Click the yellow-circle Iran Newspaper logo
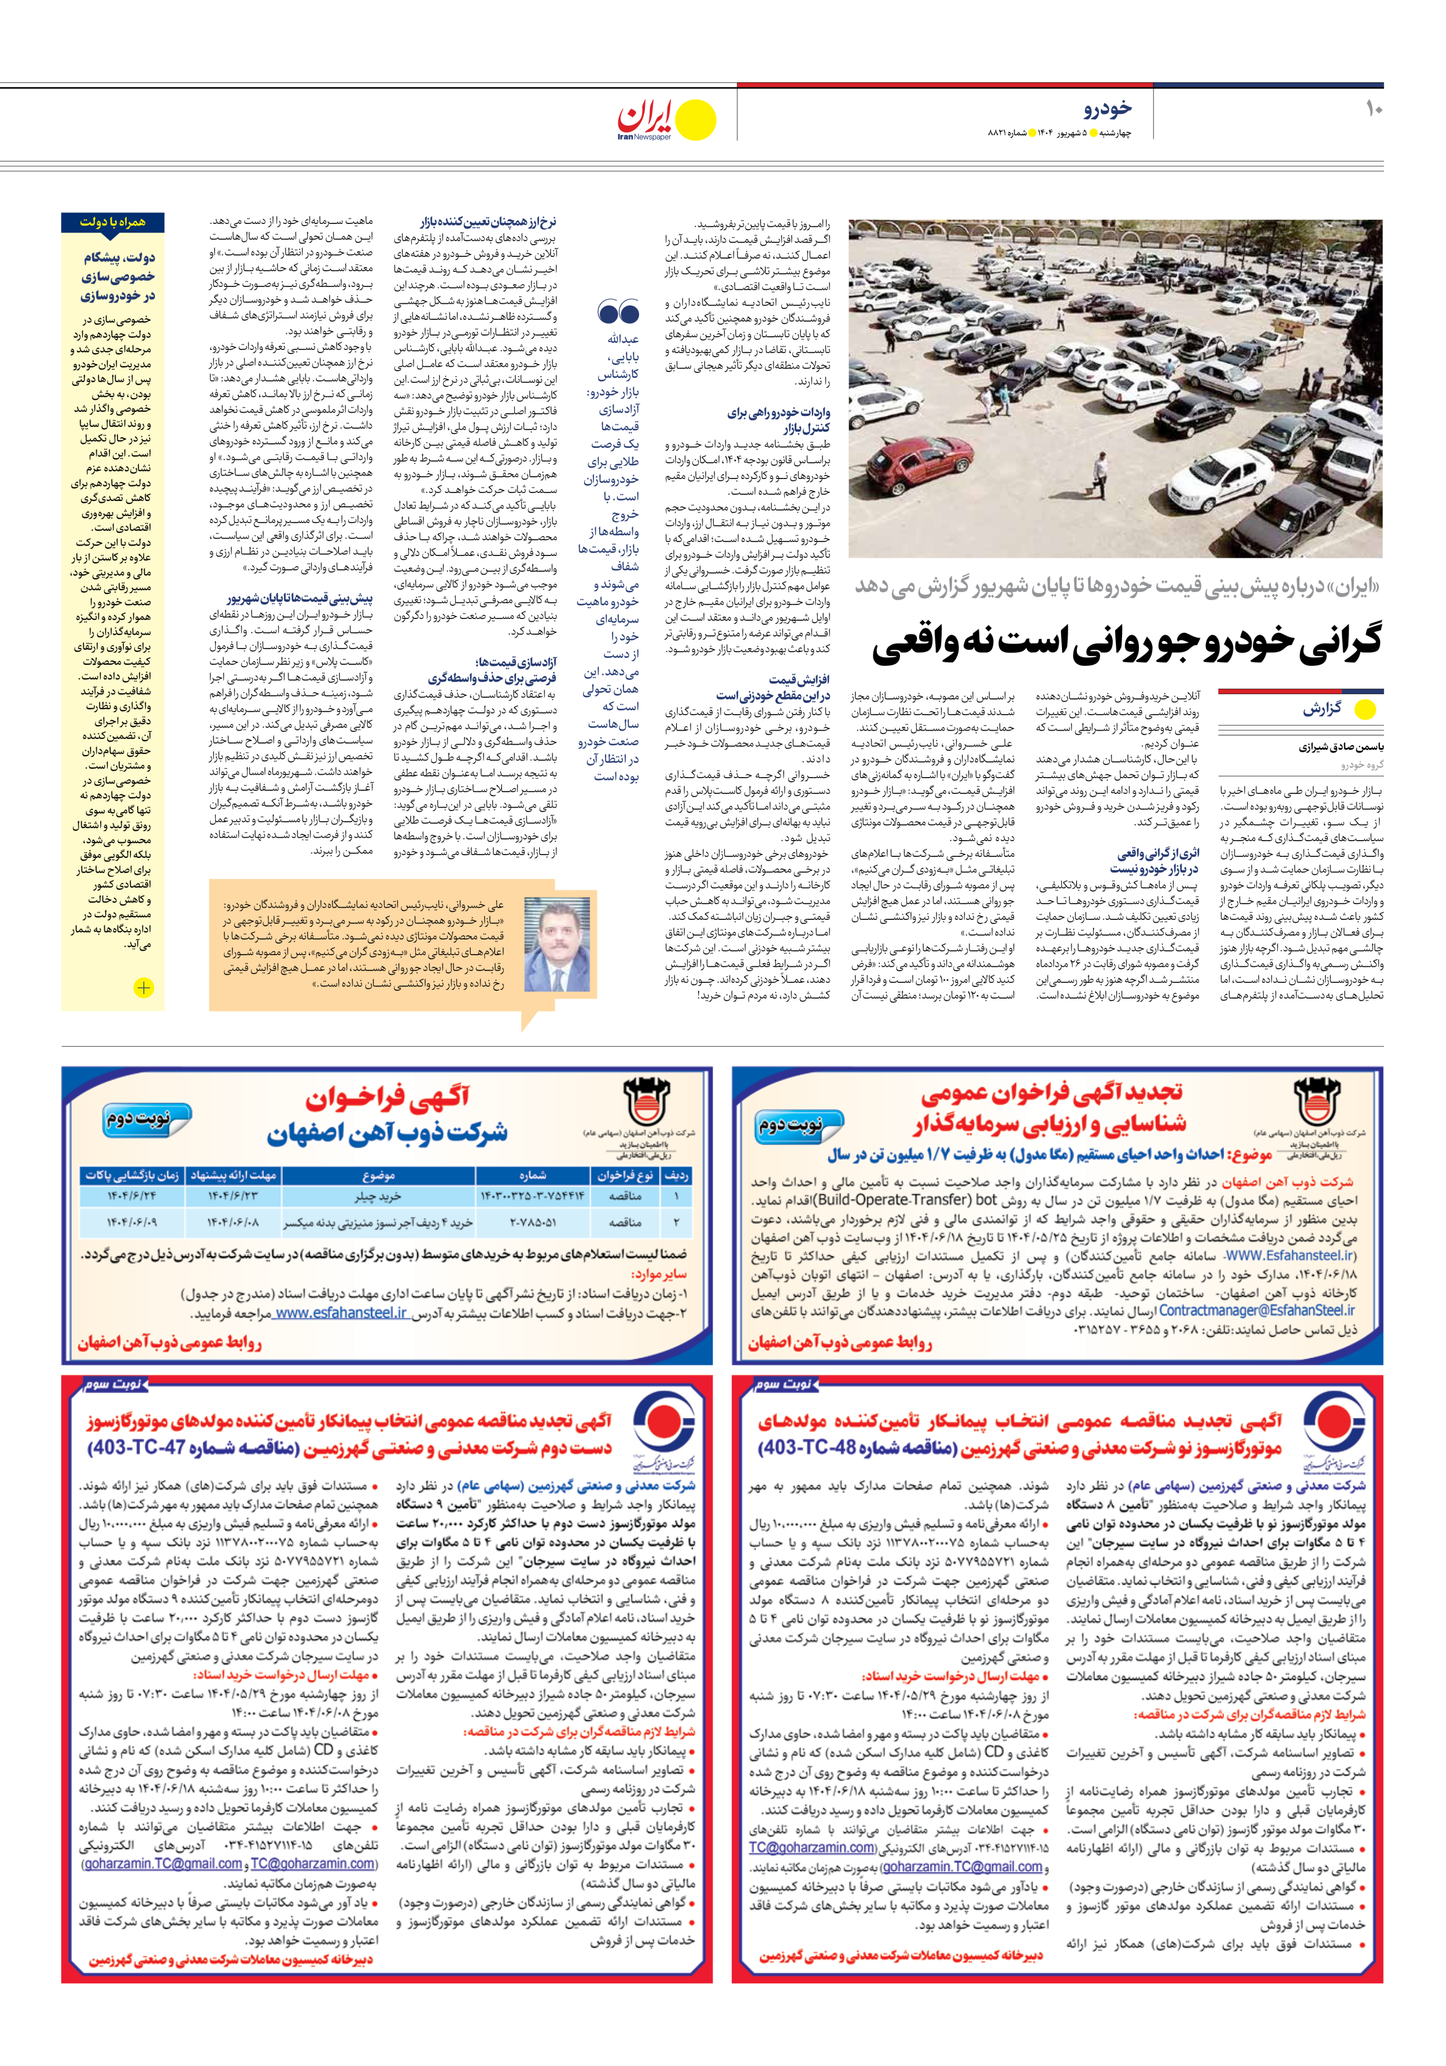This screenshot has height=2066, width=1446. pos(666,120)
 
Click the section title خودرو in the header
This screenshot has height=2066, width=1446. pos(1108,109)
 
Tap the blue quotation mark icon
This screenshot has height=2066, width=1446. pos(617,313)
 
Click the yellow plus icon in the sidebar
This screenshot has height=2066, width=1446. pos(143,987)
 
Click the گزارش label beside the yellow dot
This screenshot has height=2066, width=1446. pos(1321,708)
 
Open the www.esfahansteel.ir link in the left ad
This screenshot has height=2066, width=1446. pos(340,1313)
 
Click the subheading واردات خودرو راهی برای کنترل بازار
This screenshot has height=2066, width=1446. pos(779,420)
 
